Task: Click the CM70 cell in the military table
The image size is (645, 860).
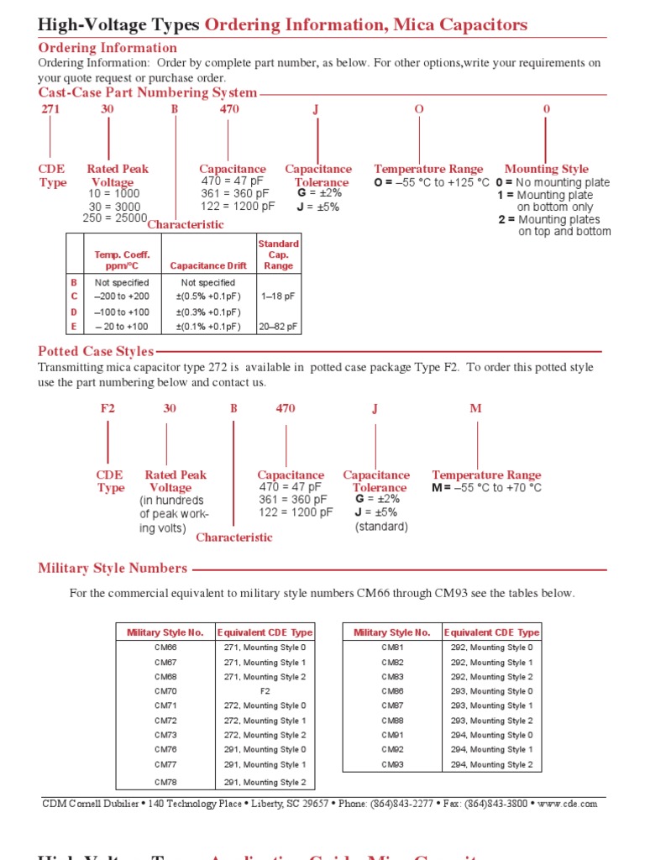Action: click(165, 691)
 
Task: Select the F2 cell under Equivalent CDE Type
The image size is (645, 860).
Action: click(265, 691)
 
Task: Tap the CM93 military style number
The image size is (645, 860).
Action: click(392, 764)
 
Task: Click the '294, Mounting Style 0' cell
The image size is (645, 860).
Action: click(491, 735)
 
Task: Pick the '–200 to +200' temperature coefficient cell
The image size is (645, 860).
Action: click(122, 296)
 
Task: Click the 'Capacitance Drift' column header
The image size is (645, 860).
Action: click(208, 265)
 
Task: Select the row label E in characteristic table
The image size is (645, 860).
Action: click(74, 327)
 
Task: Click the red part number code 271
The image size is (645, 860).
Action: click(50, 109)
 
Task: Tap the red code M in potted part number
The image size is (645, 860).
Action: click(475, 408)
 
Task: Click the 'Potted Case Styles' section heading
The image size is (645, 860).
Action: click(96, 351)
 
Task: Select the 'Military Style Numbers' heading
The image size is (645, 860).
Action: click(113, 569)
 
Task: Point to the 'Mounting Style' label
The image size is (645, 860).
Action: click(546, 169)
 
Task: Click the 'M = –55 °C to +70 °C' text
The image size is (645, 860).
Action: click(486, 488)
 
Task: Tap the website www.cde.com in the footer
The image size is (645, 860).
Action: click(569, 804)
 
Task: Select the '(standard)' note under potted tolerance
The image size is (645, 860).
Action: click(380, 527)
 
